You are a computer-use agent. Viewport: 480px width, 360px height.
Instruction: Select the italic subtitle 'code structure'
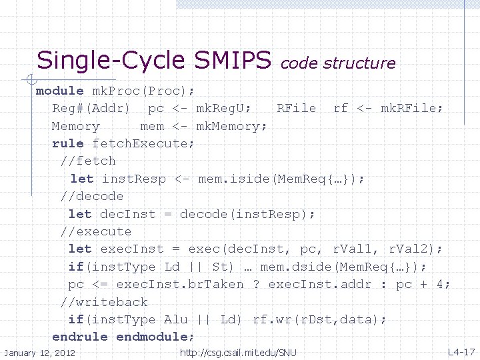click(338, 63)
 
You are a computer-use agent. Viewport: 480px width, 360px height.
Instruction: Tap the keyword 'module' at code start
click(59, 91)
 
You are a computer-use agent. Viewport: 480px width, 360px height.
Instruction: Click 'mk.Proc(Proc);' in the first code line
click(143, 91)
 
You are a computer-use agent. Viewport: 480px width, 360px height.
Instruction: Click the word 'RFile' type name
click(297, 108)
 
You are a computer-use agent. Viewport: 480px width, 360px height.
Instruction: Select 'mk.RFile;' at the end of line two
click(411, 108)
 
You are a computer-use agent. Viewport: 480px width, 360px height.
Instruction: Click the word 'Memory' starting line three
click(75, 126)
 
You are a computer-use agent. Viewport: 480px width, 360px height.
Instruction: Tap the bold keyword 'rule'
click(67, 143)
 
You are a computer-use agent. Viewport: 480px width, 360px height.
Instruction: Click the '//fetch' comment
click(87, 161)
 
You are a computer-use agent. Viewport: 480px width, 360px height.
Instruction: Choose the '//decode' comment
click(91, 196)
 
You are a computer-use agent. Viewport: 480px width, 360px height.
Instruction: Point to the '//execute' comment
click(95, 231)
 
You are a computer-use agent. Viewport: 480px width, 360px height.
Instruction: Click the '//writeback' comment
click(103, 302)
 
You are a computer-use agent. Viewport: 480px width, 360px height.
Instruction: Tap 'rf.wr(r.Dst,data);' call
click(319, 319)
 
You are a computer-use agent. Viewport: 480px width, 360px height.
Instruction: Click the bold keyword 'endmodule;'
click(155, 337)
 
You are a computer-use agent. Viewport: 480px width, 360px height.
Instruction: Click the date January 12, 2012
click(39, 353)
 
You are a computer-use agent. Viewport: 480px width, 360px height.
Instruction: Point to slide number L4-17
click(461, 351)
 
